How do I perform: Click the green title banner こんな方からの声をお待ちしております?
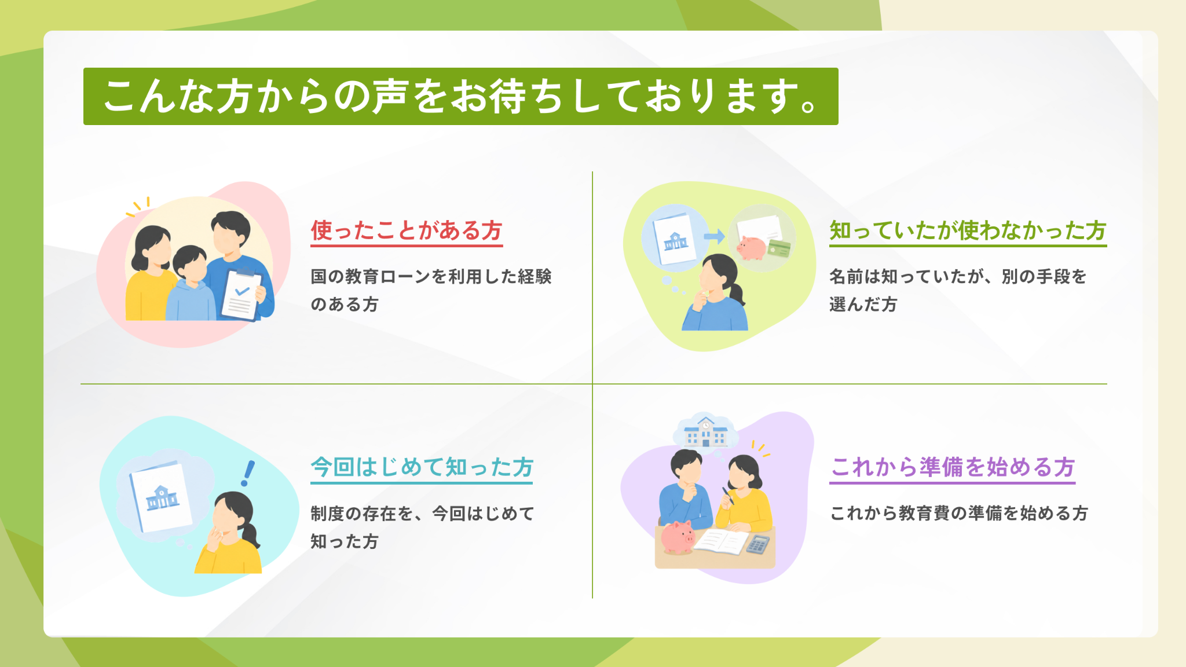tap(460, 96)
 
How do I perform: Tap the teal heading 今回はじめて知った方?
tap(422, 467)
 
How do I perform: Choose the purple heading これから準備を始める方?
tap(953, 467)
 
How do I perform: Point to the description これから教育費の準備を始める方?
tap(959, 514)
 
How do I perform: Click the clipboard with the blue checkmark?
tap(241, 294)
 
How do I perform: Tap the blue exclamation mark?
tap(248, 473)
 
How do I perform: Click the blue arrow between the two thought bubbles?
tap(714, 236)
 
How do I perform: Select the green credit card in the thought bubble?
tap(779, 249)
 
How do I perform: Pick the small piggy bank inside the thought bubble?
tap(752, 248)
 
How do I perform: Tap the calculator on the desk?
tap(758, 544)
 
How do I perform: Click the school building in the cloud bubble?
tap(705, 432)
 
